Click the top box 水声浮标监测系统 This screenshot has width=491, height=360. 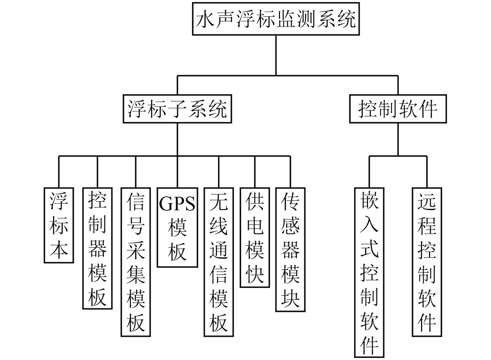[x=276, y=19]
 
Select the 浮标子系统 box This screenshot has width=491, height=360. [x=177, y=109]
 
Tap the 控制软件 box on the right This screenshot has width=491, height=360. [x=398, y=109]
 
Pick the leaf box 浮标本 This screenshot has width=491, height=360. [x=59, y=225]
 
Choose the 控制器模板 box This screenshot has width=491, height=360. [x=97, y=248]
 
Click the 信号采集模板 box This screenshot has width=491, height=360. [x=136, y=262]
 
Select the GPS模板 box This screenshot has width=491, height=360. [x=177, y=227]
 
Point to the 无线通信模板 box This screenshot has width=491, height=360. [x=219, y=262]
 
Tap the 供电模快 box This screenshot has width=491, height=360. [x=255, y=237]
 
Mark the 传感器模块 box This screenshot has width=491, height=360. [x=290, y=249]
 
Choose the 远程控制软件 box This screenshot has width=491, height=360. [x=427, y=262]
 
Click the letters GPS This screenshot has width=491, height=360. [x=177, y=204]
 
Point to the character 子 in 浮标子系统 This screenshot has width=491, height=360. [x=177, y=109]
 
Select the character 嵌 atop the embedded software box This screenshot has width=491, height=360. [x=369, y=200]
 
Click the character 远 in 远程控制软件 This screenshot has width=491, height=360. [x=427, y=202]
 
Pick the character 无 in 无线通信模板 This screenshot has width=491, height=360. [x=219, y=202]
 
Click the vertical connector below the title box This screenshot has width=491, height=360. [x=276, y=55]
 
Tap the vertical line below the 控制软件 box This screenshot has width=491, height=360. [x=398, y=140]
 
